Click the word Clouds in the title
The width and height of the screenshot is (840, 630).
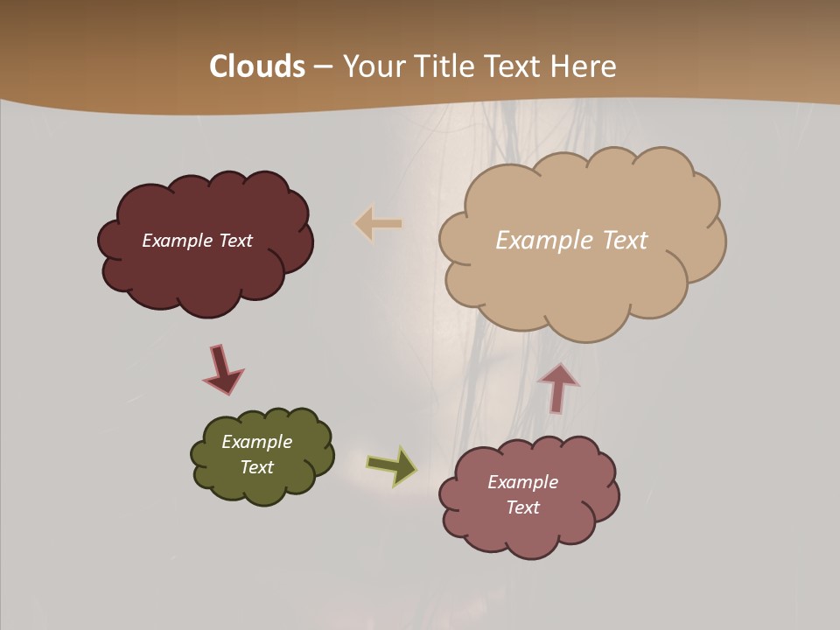click(x=257, y=66)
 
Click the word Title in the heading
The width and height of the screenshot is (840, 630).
click(x=445, y=66)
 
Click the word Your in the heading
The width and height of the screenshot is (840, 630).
click(x=374, y=66)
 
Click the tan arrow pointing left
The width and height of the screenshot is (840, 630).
click(x=378, y=224)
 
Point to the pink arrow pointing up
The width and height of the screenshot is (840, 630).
click(x=558, y=388)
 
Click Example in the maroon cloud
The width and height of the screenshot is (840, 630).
click(x=178, y=241)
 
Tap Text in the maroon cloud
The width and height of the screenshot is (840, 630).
click(x=235, y=241)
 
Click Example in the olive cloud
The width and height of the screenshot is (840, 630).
click(x=257, y=442)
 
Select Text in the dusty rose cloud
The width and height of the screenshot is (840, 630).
click(x=522, y=507)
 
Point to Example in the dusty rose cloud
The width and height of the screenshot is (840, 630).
click(x=522, y=482)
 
